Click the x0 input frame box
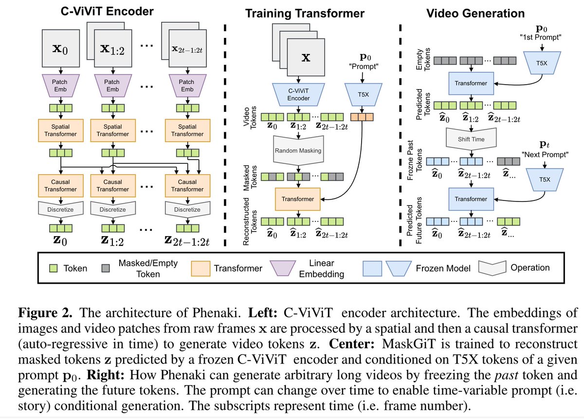pos(61,48)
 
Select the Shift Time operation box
pos(471,139)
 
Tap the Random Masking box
pos(298,150)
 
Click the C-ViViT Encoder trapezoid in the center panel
pos(298,94)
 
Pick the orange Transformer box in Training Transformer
pos(298,199)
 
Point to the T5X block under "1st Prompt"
pos(542,63)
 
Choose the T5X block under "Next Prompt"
pos(545,180)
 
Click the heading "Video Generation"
pos(475,13)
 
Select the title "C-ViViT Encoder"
pos(107,12)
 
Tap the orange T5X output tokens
pos(362,117)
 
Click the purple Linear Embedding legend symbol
pos(283,268)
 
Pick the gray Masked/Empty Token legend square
pos(106,268)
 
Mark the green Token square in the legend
pos(54,268)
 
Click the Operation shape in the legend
pos(492,268)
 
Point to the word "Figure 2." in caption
pos(45,312)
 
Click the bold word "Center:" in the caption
pos(352,344)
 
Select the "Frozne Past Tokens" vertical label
pos(414,160)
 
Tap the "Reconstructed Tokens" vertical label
pos(250,221)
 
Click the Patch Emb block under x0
pos(61,86)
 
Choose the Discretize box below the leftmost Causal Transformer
pos(61,209)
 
